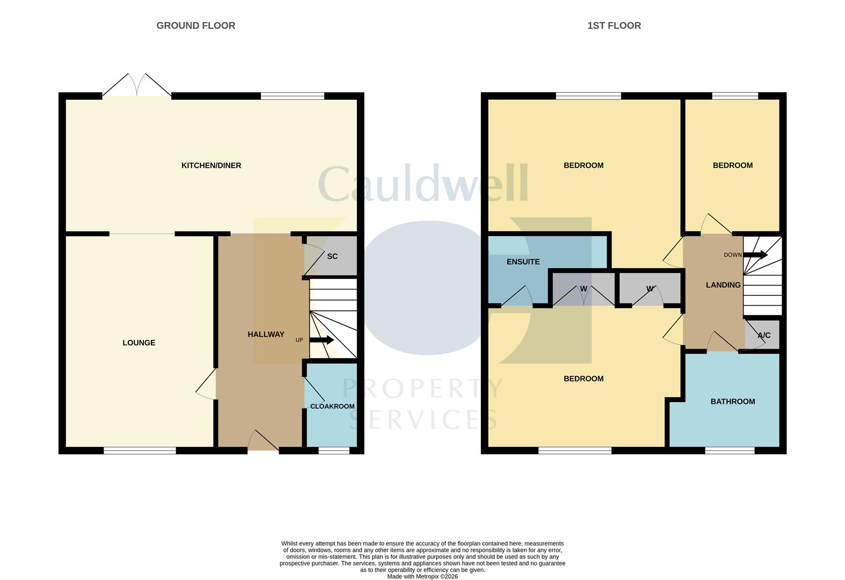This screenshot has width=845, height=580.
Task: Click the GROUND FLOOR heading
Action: point(196,26)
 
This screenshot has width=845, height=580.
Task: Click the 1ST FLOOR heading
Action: point(614,26)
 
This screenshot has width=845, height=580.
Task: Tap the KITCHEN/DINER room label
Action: point(212,165)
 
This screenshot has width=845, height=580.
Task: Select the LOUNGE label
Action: point(139,343)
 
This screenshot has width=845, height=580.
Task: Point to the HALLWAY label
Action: point(266,335)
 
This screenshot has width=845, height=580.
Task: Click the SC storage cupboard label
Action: point(332,256)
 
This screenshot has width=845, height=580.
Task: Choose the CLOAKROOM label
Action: point(332,407)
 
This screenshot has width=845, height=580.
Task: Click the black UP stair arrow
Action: point(322,340)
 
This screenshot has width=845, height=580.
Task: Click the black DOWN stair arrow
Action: point(755,255)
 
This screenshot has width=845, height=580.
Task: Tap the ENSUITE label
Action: point(523,262)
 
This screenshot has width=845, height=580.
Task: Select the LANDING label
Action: point(723,285)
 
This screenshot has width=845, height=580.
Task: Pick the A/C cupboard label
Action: point(764,335)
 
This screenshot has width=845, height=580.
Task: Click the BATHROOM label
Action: point(733,402)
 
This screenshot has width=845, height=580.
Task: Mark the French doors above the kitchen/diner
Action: point(136,85)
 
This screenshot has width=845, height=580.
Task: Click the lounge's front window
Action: point(140,451)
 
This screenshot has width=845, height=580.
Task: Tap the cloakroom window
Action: point(334,451)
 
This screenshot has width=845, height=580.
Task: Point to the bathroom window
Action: point(730,451)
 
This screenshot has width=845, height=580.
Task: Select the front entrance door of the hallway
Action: point(263,440)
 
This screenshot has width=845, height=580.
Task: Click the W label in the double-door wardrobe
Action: point(584,289)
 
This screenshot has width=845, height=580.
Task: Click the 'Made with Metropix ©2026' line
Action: point(422,577)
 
